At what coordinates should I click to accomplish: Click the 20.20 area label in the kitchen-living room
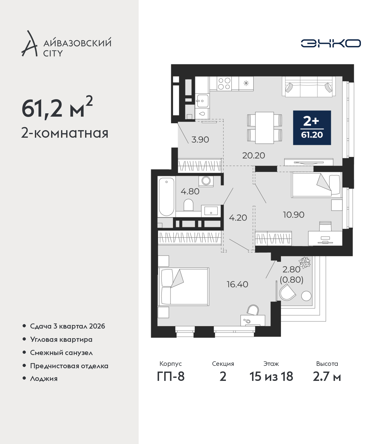point(254,155)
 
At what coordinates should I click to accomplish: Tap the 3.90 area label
point(200,139)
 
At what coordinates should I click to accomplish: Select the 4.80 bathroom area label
point(190,191)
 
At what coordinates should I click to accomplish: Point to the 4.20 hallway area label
point(238,218)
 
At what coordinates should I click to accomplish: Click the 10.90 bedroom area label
point(294,215)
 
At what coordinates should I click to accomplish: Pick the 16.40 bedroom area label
point(237,284)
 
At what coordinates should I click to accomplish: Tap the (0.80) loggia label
point(291,280)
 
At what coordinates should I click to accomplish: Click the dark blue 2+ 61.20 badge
point(312,128)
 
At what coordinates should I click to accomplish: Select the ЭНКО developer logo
point(331,43)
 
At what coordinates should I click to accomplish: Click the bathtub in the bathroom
point(166,197)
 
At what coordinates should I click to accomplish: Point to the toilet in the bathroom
point(188,205)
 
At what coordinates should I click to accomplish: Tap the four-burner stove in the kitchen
point(224,84)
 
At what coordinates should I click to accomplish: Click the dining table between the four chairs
point(264,127)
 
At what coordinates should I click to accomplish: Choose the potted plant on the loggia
point(305,262)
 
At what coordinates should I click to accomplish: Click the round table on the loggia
point(306,296)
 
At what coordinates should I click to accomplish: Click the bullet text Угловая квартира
point(61,339)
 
